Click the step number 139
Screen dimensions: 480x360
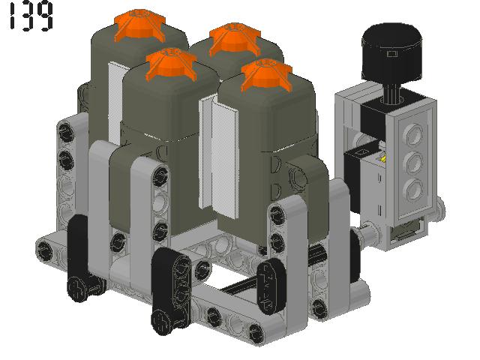(31, 16)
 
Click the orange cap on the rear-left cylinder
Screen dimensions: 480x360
(140, 25)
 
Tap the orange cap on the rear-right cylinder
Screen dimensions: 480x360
(235, 38)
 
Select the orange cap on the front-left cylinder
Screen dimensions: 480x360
(172, 64)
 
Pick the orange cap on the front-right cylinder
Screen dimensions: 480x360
(267, 75)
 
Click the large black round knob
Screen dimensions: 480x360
(391, 52)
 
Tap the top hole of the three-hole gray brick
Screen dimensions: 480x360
(412, 133)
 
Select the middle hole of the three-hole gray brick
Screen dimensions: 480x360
(412, 161)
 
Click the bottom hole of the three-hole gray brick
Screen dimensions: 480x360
(412, 188)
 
